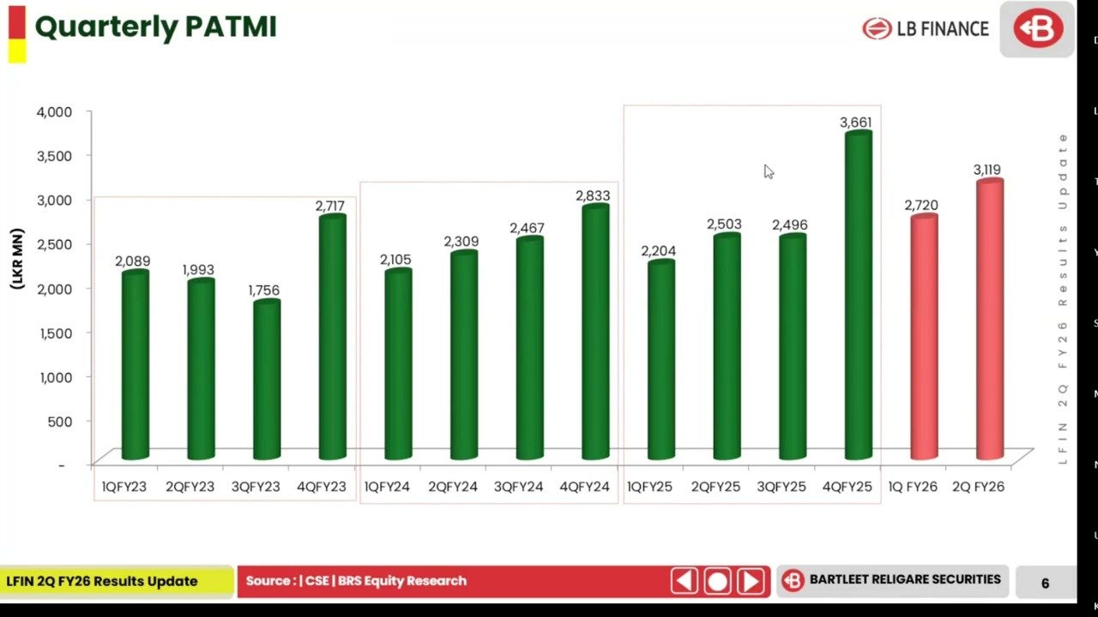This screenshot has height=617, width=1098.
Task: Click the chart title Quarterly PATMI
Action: [x=155, y=27]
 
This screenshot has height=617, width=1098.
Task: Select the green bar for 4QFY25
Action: [x=858, y=296]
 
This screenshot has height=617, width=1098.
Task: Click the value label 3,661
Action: [x=856, y=123]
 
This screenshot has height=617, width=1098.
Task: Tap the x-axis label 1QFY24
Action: [x=388, y=487]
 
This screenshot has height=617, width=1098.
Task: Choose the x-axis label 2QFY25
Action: [x=716, y=487]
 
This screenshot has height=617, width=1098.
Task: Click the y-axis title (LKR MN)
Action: [x=18, y=258]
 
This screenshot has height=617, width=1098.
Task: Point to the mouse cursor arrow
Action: [x=768, y=171]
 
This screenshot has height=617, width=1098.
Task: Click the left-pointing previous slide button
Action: [x=684, y=582]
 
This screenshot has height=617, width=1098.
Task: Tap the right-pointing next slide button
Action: [x=751, y=582]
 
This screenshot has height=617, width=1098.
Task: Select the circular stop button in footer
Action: [x=717, y=582]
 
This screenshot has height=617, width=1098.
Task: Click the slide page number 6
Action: [x=1045, y=583]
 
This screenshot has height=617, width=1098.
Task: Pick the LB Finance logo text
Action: [x=942, y=28]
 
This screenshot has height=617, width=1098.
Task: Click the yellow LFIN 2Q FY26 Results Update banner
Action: [x=116, y=581]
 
